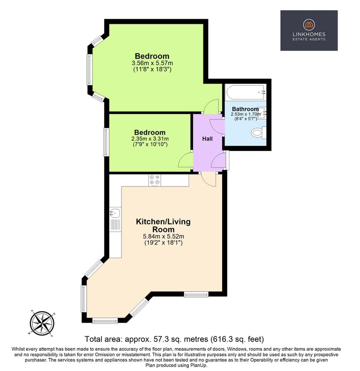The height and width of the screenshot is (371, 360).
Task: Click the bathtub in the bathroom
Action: coord(246,92)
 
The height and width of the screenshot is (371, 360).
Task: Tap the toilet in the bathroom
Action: coord(258,132)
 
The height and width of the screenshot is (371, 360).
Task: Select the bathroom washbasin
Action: coord(262,114)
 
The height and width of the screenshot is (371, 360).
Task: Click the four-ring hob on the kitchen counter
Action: coord(155,180)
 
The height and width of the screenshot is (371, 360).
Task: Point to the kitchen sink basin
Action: coord(115,212)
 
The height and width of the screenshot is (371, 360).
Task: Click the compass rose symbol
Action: coord(42,323)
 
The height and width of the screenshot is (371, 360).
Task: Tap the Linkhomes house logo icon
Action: coord(309,24)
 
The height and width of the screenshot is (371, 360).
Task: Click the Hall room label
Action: coord(207,139)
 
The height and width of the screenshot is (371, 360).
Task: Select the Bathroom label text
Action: coord(245,109)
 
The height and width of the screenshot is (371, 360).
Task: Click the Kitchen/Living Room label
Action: coord(163,226)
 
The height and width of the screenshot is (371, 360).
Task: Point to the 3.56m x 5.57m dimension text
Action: coord(152,63)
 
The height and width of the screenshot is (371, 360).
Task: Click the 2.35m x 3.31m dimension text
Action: coord(150,139)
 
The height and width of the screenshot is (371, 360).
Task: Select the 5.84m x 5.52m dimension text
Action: coord(164,236)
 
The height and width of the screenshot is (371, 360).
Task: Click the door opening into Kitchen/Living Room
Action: coord(209,180)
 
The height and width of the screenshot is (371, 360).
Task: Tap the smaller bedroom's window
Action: coord(106,142)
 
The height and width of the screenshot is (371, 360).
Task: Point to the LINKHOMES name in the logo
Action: coord(309,34)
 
